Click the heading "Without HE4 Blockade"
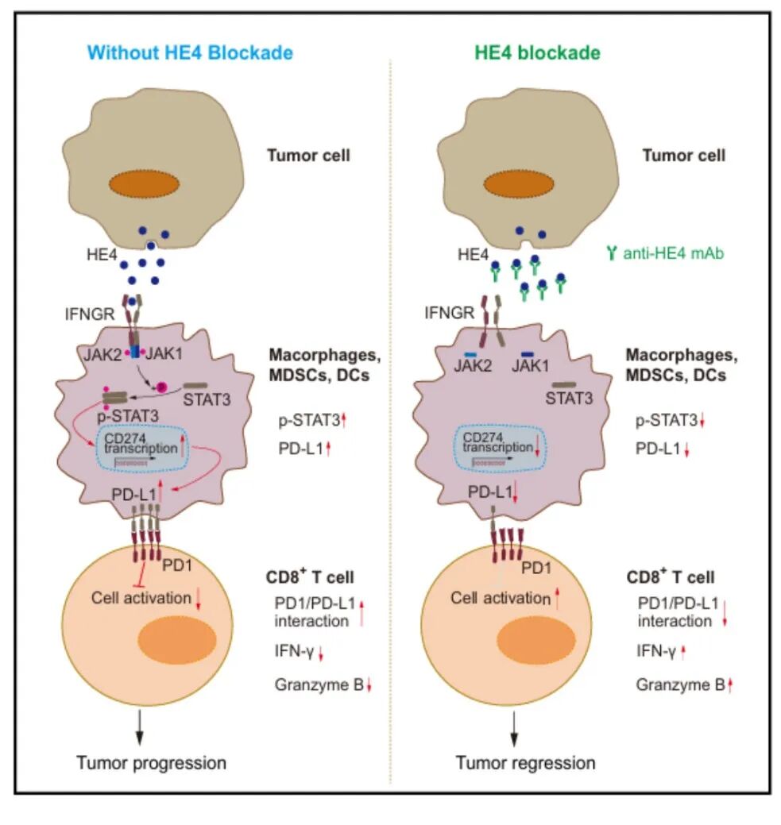(x=190, y=53)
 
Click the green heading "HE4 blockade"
(x=537, y=53)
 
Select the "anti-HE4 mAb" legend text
(x=667, y=253)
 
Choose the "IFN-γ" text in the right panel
(x=655, y=651)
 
